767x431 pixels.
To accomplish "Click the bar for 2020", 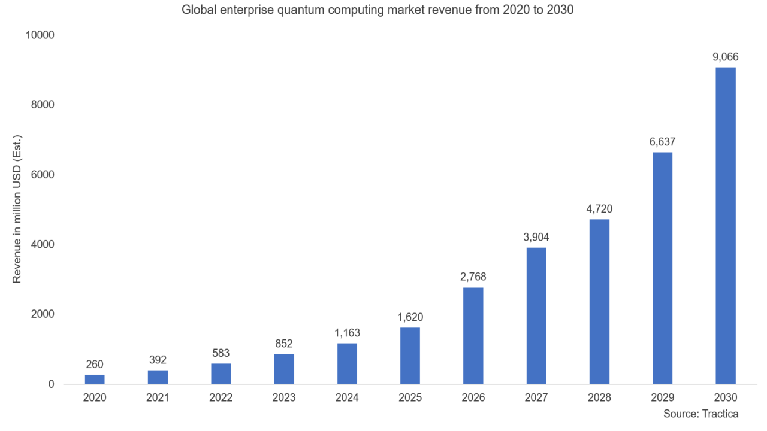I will pos(95,379).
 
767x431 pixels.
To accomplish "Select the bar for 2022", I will pos(221,373).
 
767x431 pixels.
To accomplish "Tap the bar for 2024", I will pos(348,363).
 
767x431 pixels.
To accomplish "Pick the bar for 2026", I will pos(473,335).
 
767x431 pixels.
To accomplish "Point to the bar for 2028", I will pos(599,301).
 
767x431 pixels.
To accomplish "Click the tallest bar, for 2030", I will pos(726,225).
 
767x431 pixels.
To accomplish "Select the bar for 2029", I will pos(663,268).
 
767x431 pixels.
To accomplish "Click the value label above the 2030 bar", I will pos(726,57).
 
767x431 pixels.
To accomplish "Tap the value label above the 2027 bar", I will pos(536,237).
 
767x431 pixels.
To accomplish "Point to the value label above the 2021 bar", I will pos(158,360).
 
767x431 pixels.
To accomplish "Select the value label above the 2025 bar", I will pos(410,317).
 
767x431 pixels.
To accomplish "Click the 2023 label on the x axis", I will pos(284,397).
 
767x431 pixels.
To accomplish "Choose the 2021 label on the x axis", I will pos(158,397).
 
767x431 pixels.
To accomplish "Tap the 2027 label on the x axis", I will pos(536,397).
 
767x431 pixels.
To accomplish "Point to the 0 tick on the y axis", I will pos(51,384).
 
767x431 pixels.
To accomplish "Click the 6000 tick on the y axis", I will pos(43,174).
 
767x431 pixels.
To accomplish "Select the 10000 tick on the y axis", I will pos(40,35).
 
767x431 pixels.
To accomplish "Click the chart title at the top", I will pos(378,10).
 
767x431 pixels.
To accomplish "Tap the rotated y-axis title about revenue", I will pos(17,209).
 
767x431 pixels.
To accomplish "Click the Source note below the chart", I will pos(700,414).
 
